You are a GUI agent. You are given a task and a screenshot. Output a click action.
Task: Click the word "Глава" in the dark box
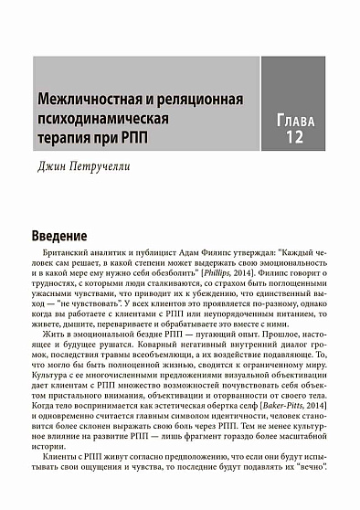point(293,119)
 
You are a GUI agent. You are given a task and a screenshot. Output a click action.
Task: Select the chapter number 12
point(293,138)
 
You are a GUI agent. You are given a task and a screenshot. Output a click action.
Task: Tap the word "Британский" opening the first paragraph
point(68,251)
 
